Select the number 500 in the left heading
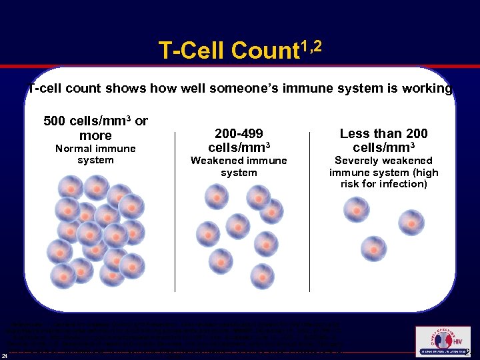[55, 121]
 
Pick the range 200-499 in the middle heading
[239, 133]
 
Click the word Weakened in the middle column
[219, 161]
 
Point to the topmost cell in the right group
[357, 209]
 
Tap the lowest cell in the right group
[373, 249]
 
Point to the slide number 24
[5, 354]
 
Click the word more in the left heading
[95, 136]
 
